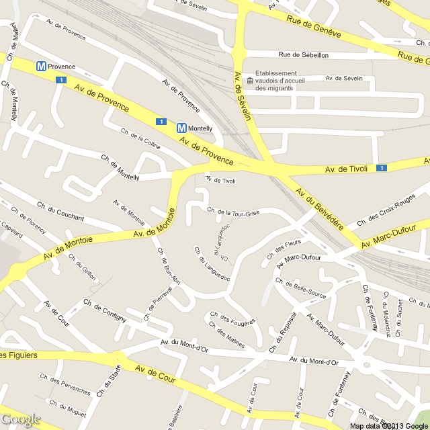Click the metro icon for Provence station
coord(42,67)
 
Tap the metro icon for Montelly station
coord(181,128)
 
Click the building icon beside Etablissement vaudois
coord(250,81)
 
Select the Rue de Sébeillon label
coord(303,55)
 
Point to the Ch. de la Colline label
coord(140,140)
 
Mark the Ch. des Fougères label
coord(232,318)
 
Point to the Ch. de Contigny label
coord(105,310)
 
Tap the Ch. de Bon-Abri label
coord(168,267)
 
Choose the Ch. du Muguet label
coord(67,405)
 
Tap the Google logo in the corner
coord(21,420)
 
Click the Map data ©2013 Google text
coord(388,425)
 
